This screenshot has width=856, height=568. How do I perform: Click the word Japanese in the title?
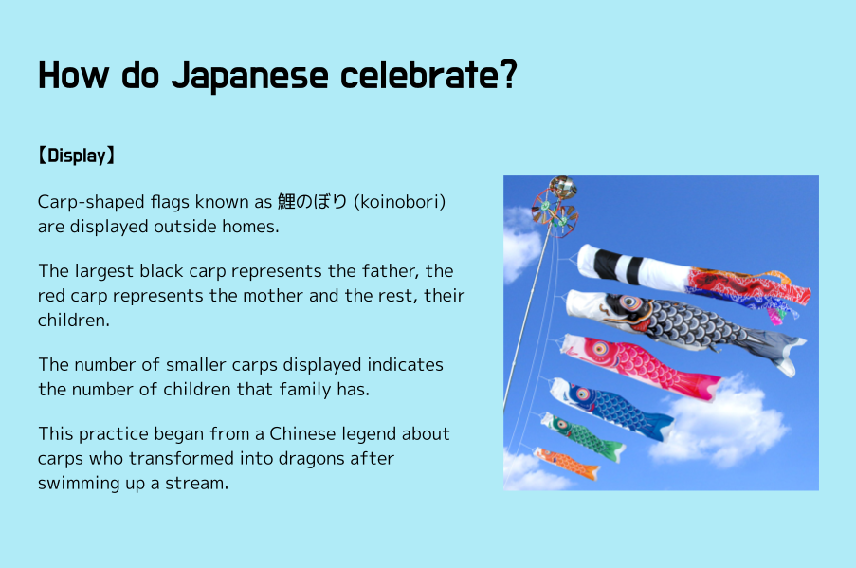pos(250,76)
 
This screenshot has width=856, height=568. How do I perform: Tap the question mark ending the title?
pos(508,74)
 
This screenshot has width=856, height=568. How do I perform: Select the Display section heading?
pos(76,156)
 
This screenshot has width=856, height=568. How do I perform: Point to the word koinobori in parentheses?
pos(400,202)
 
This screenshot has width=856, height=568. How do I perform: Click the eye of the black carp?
pos(629,302)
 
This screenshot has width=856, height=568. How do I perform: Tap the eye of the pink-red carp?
pos(599,348)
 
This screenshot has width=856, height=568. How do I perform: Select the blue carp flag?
pos(611,408)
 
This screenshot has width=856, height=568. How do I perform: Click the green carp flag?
pos(583,437)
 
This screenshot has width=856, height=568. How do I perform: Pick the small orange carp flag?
pos(567,463)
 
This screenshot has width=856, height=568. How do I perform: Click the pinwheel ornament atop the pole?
pos(555,207)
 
